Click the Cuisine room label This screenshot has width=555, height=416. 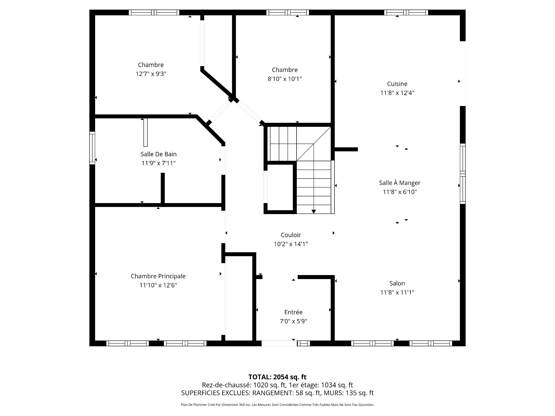coord(397,84)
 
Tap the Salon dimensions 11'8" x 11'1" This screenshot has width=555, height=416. coord(397,292)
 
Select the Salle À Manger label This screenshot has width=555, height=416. coord(400,183)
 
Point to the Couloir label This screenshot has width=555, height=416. coord(291,235)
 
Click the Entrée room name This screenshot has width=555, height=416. coord(293,312)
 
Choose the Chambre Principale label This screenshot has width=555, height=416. coord(158,276)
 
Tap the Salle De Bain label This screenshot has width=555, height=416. coord(158,154)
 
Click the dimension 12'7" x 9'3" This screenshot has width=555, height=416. coord(151,74)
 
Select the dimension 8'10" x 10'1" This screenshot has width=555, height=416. coord(285,79)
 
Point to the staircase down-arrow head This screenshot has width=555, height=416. coord(314,212)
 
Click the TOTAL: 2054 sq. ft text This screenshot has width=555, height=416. coord(277,377)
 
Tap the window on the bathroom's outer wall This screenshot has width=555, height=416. coord(92,148)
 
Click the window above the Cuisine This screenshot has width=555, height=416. coord(406,12)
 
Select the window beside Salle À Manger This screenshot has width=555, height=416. coord(463,174)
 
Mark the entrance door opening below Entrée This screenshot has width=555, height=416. coord(279,343)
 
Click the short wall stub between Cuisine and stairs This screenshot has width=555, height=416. coord(346,149)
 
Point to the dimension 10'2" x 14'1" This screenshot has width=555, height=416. coord(291,244)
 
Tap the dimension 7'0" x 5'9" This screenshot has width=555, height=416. coord(293,321)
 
